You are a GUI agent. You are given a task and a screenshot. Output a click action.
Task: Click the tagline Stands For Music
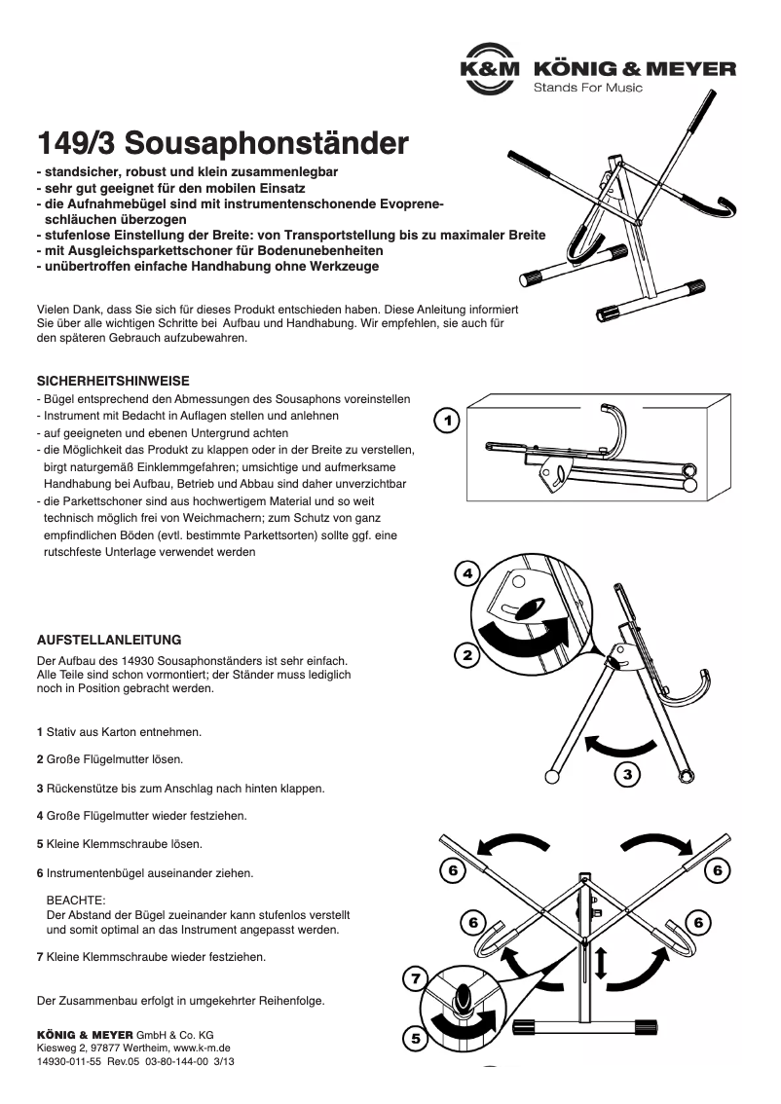point(587,88)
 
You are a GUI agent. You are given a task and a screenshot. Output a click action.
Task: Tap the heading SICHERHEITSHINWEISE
point(112,381)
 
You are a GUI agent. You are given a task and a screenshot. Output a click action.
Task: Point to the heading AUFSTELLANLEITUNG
point(108,641)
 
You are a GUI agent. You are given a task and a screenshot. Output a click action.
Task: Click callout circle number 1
point(446,421)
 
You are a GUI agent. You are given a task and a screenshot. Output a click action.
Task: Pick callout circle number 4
point(467,573)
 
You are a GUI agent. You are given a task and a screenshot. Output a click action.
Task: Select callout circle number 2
point(467,655)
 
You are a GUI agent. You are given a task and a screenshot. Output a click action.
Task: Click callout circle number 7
point(416,978)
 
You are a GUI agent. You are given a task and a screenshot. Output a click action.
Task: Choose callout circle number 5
point(416,1039)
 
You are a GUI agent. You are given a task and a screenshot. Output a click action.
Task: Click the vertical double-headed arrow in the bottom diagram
point(600,963)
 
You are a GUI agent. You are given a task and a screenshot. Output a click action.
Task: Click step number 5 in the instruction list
point(39,843)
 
